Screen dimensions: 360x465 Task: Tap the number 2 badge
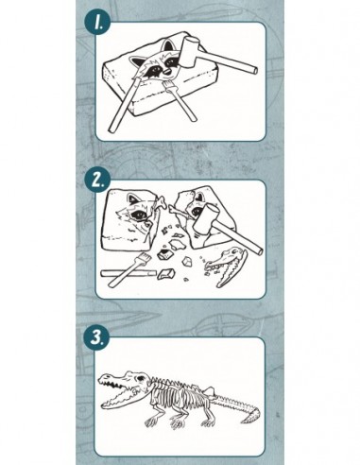97,181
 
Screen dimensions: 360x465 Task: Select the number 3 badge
96,338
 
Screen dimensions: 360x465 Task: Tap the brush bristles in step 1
168,85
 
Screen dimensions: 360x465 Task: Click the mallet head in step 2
204,220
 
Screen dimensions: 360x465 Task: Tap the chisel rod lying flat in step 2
129,273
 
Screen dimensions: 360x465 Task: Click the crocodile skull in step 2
226,266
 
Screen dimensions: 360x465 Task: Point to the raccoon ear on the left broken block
133,198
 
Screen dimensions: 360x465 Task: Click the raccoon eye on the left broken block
139,215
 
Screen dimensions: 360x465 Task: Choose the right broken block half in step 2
205,217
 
